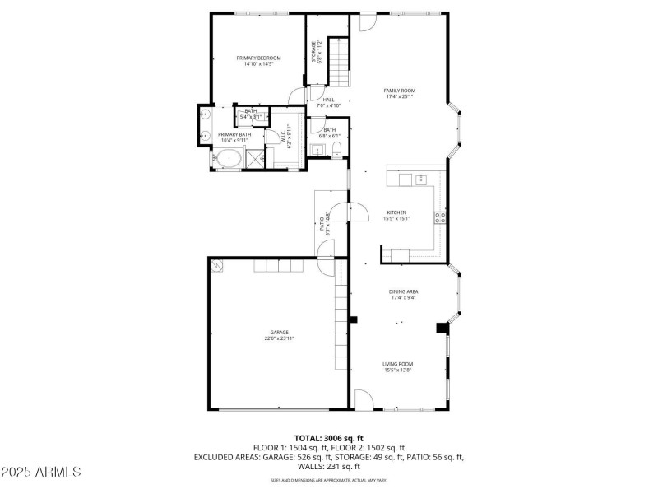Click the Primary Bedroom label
258,58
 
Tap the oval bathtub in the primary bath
230,158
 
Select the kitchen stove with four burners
440,218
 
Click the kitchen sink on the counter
420,179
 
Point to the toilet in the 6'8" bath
336,149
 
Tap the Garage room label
280,332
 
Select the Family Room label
399,91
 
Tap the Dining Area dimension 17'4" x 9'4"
402,298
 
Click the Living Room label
397,364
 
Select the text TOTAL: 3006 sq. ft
329,438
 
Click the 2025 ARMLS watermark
41,472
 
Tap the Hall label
328,100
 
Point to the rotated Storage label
313,51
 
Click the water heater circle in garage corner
217,265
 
